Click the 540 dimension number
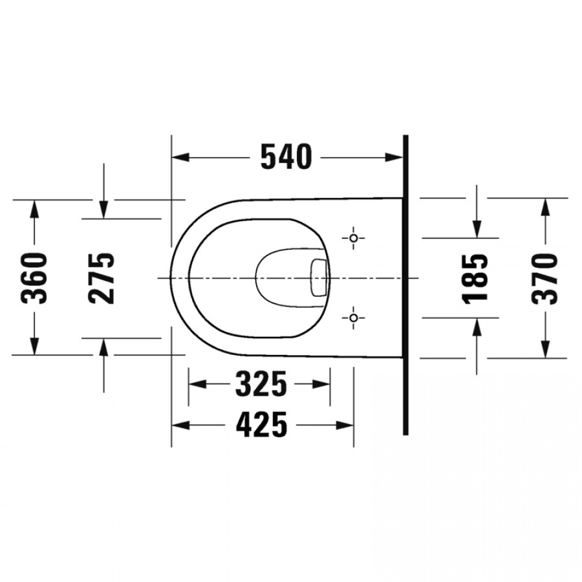click(x=286, y=157)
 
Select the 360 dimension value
click(x=34, y=278)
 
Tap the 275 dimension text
click(x=101, y=278)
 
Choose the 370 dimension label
click(x=544, y=279)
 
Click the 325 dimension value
click(x=261, y=383)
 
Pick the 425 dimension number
click(x=262, y=425)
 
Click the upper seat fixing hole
click(x=353, y=238)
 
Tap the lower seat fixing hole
click(x=353, y=318)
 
